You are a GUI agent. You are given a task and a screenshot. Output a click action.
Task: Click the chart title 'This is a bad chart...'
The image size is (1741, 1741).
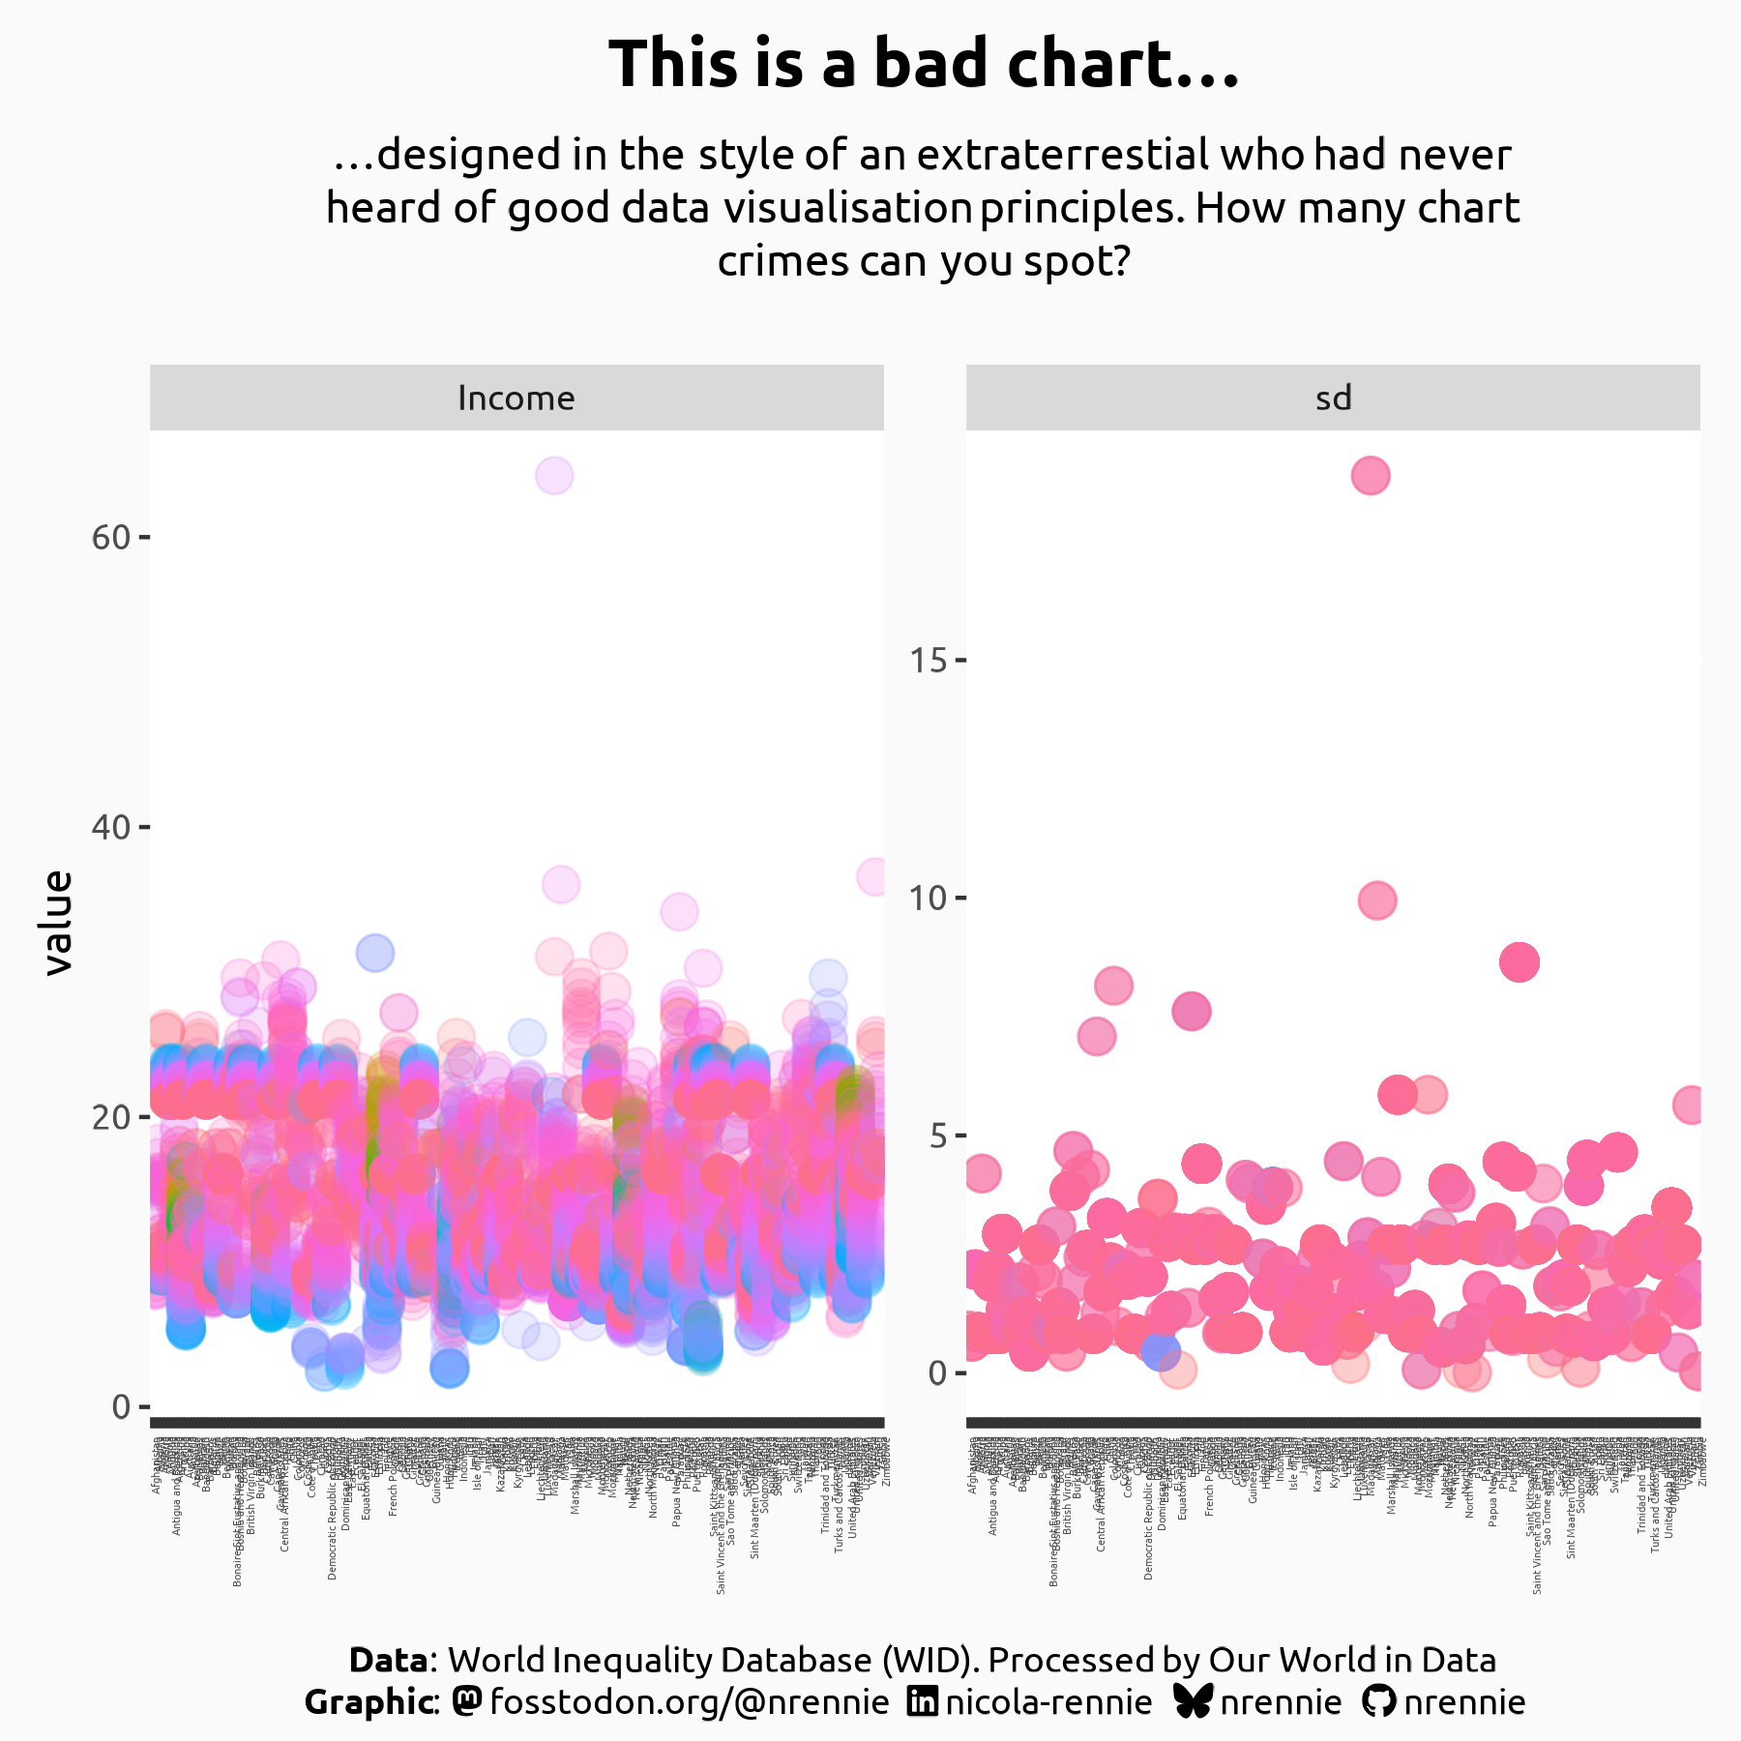924,65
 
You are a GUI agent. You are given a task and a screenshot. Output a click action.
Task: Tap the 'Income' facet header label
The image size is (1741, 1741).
516,398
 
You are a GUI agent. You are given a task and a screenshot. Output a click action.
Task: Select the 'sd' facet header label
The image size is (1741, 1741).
1333,398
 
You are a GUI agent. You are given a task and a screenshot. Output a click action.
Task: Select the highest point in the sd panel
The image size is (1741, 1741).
1371,476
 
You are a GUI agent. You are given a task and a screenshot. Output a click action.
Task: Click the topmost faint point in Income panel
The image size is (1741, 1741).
553,476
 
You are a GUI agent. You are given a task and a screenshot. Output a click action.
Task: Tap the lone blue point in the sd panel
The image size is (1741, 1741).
1160,1350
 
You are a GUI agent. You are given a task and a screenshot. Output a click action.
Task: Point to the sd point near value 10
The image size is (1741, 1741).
1377,900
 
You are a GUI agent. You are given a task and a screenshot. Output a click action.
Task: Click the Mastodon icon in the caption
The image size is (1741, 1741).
467,1701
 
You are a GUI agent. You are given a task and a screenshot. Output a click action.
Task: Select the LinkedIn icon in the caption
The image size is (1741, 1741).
923,1701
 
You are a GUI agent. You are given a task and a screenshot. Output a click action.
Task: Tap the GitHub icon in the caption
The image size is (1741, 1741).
1379,1701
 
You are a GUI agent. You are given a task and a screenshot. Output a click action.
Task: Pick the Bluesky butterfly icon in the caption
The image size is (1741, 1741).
1193,1701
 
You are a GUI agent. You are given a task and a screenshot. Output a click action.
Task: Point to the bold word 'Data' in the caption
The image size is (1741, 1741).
388,1660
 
